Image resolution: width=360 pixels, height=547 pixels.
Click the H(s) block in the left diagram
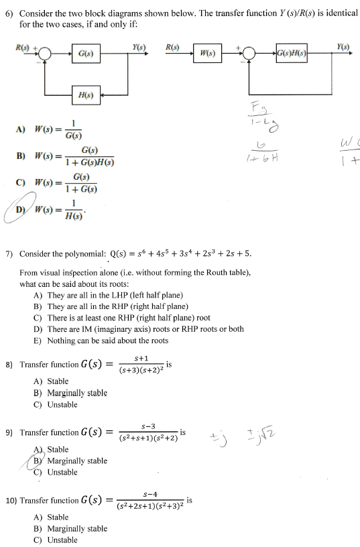[x=86, y=96]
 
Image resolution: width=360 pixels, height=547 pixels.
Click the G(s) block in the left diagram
[x=86, y=53]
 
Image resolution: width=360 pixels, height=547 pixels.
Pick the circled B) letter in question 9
[x=40, y=461]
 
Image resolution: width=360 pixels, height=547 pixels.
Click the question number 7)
[x=9, y=254]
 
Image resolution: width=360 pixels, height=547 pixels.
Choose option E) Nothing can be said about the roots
[x=101, y=341]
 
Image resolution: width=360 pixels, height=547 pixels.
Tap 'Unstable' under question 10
[x=62, y=540]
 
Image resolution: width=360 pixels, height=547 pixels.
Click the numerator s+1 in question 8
[x=140, y=359]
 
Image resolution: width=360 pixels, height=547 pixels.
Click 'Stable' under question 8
[x=58, y=381]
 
